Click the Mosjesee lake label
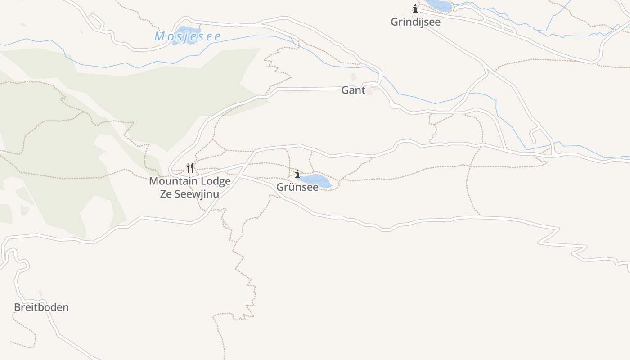coord(188,36)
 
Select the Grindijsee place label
coord(415,22)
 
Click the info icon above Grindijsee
coord(415,9)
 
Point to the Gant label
coord(353,90)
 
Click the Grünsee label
coord(297,187)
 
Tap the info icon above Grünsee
coord(297,174)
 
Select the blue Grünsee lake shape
coord(317,180)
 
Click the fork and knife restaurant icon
coord(190,168)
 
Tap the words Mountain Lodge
coord(189,181)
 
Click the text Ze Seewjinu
coord(189,194)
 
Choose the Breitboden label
coord(41,307)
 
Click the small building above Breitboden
coord(40,293)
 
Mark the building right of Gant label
coord(369,91)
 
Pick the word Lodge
coord(215,181)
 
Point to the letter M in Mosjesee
coord(159,36)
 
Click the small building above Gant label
coord(353,77)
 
